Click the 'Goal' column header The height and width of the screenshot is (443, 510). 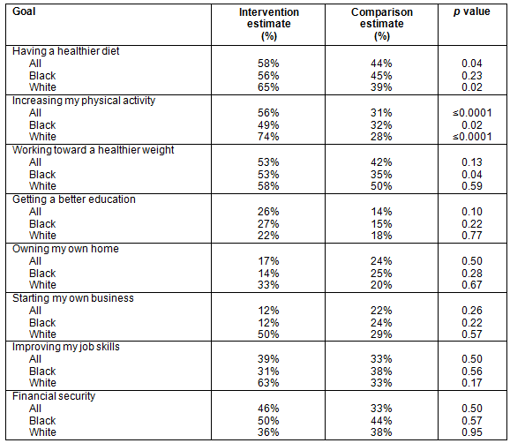pyautogui.click(x=24, y=11)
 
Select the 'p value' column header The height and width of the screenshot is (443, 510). pyautogui.click(x=472, y=11)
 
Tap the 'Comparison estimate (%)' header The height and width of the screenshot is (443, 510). pyautogui.click(x=382, y=24)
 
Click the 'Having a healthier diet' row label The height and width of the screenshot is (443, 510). pyautogui.click(x=65, y=51)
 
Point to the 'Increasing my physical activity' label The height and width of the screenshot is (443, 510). pyautogui.click(x=84, y=101)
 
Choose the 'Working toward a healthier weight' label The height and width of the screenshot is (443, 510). pyautogui.click(x=93, y=150)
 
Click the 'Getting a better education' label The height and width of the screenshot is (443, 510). pyautogui.click(x=74, y=199)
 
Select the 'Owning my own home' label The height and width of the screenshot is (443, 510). pyautogui.click(x=65, y=249)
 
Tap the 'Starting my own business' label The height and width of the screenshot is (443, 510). pyautogui.click(x=73, y=298)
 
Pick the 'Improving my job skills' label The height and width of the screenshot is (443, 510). pyautogui.click(x=65, y=347)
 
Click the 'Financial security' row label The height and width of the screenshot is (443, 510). pyautogui.click(x=54, y=396)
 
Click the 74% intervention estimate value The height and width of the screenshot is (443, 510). pyautogui.click(x=268, y=137)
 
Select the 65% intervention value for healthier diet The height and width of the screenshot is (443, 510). pyautogui.click(x=268, y=87)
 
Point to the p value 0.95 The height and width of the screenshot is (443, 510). pyautogui.click(x=472, y=432)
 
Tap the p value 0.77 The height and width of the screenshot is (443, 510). pyautogui.click(x=472, y=236)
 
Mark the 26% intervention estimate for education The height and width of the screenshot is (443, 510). pyautogui.click(x=268, y=212)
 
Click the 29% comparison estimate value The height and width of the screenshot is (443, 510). pyautogui.click(x=381, y=334)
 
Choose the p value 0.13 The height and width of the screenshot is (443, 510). pyautogui.click(x=472, y=162)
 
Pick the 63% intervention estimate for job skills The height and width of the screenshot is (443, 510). pyautogui.click(x=268, y=383)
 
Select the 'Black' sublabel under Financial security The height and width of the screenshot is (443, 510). pyautogui.click(x=42, y=421)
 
